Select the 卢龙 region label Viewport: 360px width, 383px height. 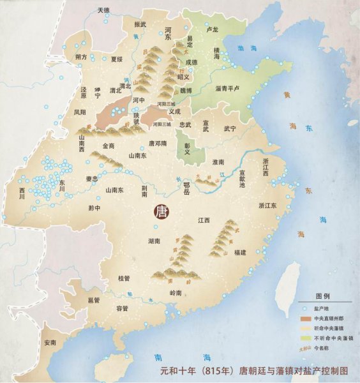tap(213, 29)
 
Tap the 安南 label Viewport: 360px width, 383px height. tap(50, 343)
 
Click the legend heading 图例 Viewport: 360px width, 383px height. tap(323, 296)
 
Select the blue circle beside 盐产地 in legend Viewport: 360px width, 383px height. tap(305, 308)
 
